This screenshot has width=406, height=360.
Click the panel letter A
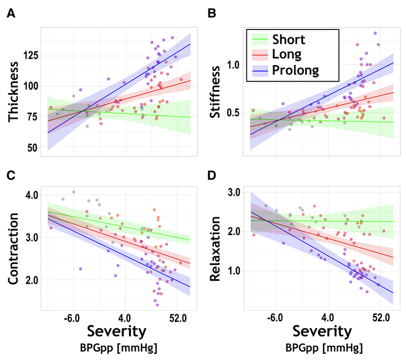[9, 15]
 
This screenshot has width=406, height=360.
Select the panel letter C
[10, 176]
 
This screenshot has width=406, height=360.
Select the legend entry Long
[287, 54]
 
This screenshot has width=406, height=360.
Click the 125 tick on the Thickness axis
[31, 55]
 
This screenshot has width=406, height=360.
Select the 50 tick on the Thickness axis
[33, 148]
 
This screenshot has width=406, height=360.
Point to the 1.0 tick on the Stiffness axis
[233, 66]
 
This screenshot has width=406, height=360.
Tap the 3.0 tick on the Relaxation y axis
[233, 192]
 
